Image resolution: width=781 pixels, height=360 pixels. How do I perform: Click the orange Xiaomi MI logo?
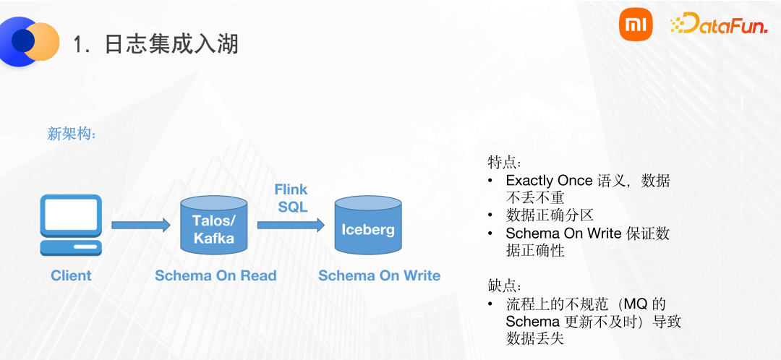pyautogui.click(x=636, y=27)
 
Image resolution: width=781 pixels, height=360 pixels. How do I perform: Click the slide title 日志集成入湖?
pyautogui.click(x=171, y=45)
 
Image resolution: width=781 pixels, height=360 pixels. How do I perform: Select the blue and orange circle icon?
pyautogui.click(x=30, y=41)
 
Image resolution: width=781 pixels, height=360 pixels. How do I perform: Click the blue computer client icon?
pyautogui.click(x=71, y=226)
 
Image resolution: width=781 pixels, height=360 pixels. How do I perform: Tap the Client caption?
pyautogui.click(x=71, y=275)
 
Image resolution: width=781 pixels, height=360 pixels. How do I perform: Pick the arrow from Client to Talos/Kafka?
pyautogui.click(x=139, y=226)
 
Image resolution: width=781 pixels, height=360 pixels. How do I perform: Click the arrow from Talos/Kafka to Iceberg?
pyautogui.click(x=291, y=226)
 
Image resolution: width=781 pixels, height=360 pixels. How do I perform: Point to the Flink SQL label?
pyautogui.click(x=291, y=197)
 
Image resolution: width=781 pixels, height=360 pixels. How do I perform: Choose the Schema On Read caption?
pyautogui.click(x=215, y=275)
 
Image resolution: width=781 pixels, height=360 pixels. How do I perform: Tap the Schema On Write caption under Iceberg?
pyautogui.click(x=379, y=275)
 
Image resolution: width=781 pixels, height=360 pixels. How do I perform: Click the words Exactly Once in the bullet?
pyautogui.click(x=550, y=181)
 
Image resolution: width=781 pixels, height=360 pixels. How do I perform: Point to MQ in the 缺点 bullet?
pyautogui.click(x=637, y=304)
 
